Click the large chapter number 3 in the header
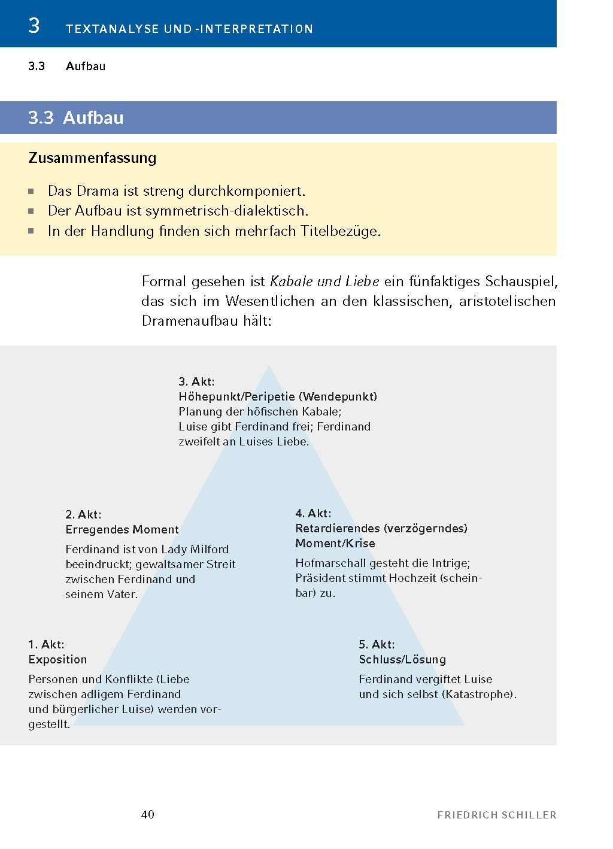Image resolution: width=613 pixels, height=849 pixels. [34, 26]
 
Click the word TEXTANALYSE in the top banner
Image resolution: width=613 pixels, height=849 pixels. [113, 29]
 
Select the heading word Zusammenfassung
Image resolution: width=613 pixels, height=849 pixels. [92, 158]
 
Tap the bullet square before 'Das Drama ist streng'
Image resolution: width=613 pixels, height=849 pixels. [31, 192]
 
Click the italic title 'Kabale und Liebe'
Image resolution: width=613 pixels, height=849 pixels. [324, 281]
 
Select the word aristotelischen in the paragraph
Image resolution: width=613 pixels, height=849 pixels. [507, 301]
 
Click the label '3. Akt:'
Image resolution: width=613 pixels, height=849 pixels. [196, 381]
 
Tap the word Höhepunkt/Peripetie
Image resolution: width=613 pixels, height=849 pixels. [236, 396]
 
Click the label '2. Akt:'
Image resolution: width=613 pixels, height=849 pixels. [83, 514]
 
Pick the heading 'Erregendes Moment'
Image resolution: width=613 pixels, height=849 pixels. [122, 529]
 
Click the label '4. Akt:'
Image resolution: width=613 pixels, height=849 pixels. [313, 513]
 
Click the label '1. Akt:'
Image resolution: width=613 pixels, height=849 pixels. [46, 644]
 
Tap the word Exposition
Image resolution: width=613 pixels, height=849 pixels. [57, 659]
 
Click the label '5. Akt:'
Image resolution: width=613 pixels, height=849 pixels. [377, 644]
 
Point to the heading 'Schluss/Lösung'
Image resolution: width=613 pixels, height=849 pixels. [402, 659]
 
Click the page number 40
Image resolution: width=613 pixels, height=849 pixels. [148, 814]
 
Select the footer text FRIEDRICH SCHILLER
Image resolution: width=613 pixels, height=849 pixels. [497, 815]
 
